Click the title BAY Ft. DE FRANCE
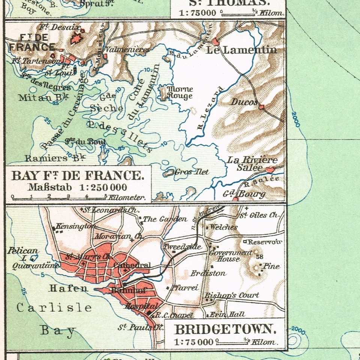point(78,175)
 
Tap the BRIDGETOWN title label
point(225,330)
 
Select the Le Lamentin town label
point(241,50)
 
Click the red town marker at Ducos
point(261,107)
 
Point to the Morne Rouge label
point(179,92)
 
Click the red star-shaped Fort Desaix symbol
point(77,38)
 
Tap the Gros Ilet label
point(191,172)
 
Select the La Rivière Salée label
point(252,163)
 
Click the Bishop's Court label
point(231,296)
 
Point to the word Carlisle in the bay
point(54,308)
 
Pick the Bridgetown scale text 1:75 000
point(191,342)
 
